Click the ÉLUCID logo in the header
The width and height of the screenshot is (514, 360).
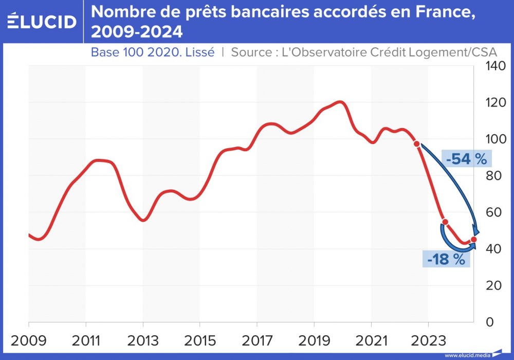(x=42, y=21)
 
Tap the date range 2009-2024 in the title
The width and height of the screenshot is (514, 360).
(x=137, y=32)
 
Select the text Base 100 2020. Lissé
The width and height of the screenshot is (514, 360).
(x=152, y=52)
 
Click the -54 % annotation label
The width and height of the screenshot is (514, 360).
(x=466, y=159)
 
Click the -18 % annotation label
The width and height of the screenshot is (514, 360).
(x=446, y=259)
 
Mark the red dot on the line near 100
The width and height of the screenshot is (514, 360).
(x=417, y=144)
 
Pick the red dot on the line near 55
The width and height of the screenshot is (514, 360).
(x=445, y=222)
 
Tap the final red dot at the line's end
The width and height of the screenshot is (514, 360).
(x=473, y=240)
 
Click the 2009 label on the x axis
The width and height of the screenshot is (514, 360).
(x=29, y=341)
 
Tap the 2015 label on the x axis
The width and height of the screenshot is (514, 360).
(x=199, y=341)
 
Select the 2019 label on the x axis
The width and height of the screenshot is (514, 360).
(x=314, y=341)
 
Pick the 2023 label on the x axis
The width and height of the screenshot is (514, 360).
(x=428, y=341)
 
